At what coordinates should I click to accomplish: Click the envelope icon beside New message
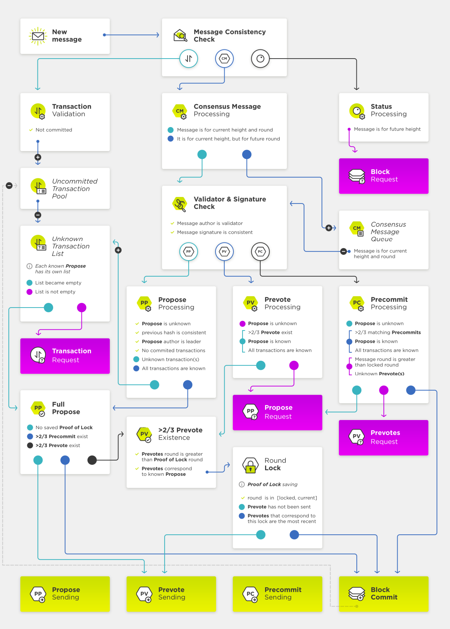click(x=38, y=36)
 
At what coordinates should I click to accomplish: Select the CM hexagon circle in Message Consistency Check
click(x=224, y=59)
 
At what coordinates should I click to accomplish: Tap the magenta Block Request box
click(x=383, y=176)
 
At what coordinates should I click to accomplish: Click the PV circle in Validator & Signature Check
click(x=224, y=252)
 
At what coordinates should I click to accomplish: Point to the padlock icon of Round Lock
click(x=250, y=465)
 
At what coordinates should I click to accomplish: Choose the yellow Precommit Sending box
click(x=277, y=594)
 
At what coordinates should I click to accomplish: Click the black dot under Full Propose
click(x=92, y=460)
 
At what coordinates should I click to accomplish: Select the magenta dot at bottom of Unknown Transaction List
click(x=82, y=308)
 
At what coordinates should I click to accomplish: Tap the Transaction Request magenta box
click(x=65, y=356)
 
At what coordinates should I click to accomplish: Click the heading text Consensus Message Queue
click(x=388, y=232)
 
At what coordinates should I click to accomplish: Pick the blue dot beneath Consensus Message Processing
click(x=247, y=154)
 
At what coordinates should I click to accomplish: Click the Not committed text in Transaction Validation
click(x=54, y=130)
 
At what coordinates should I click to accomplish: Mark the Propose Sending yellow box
click(x=65, y=594)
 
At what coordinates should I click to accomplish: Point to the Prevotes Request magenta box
click(x=383, y=438)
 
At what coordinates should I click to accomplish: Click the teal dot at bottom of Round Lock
click(x=261, y=535)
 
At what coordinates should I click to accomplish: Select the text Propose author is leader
click(x=171, y=341)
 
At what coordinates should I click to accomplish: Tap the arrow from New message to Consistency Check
click(x=132, y=35)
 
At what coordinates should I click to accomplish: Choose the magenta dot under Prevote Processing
click(x=294, y=365)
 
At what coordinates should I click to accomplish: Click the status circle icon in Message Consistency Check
click(x=260, y=59)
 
